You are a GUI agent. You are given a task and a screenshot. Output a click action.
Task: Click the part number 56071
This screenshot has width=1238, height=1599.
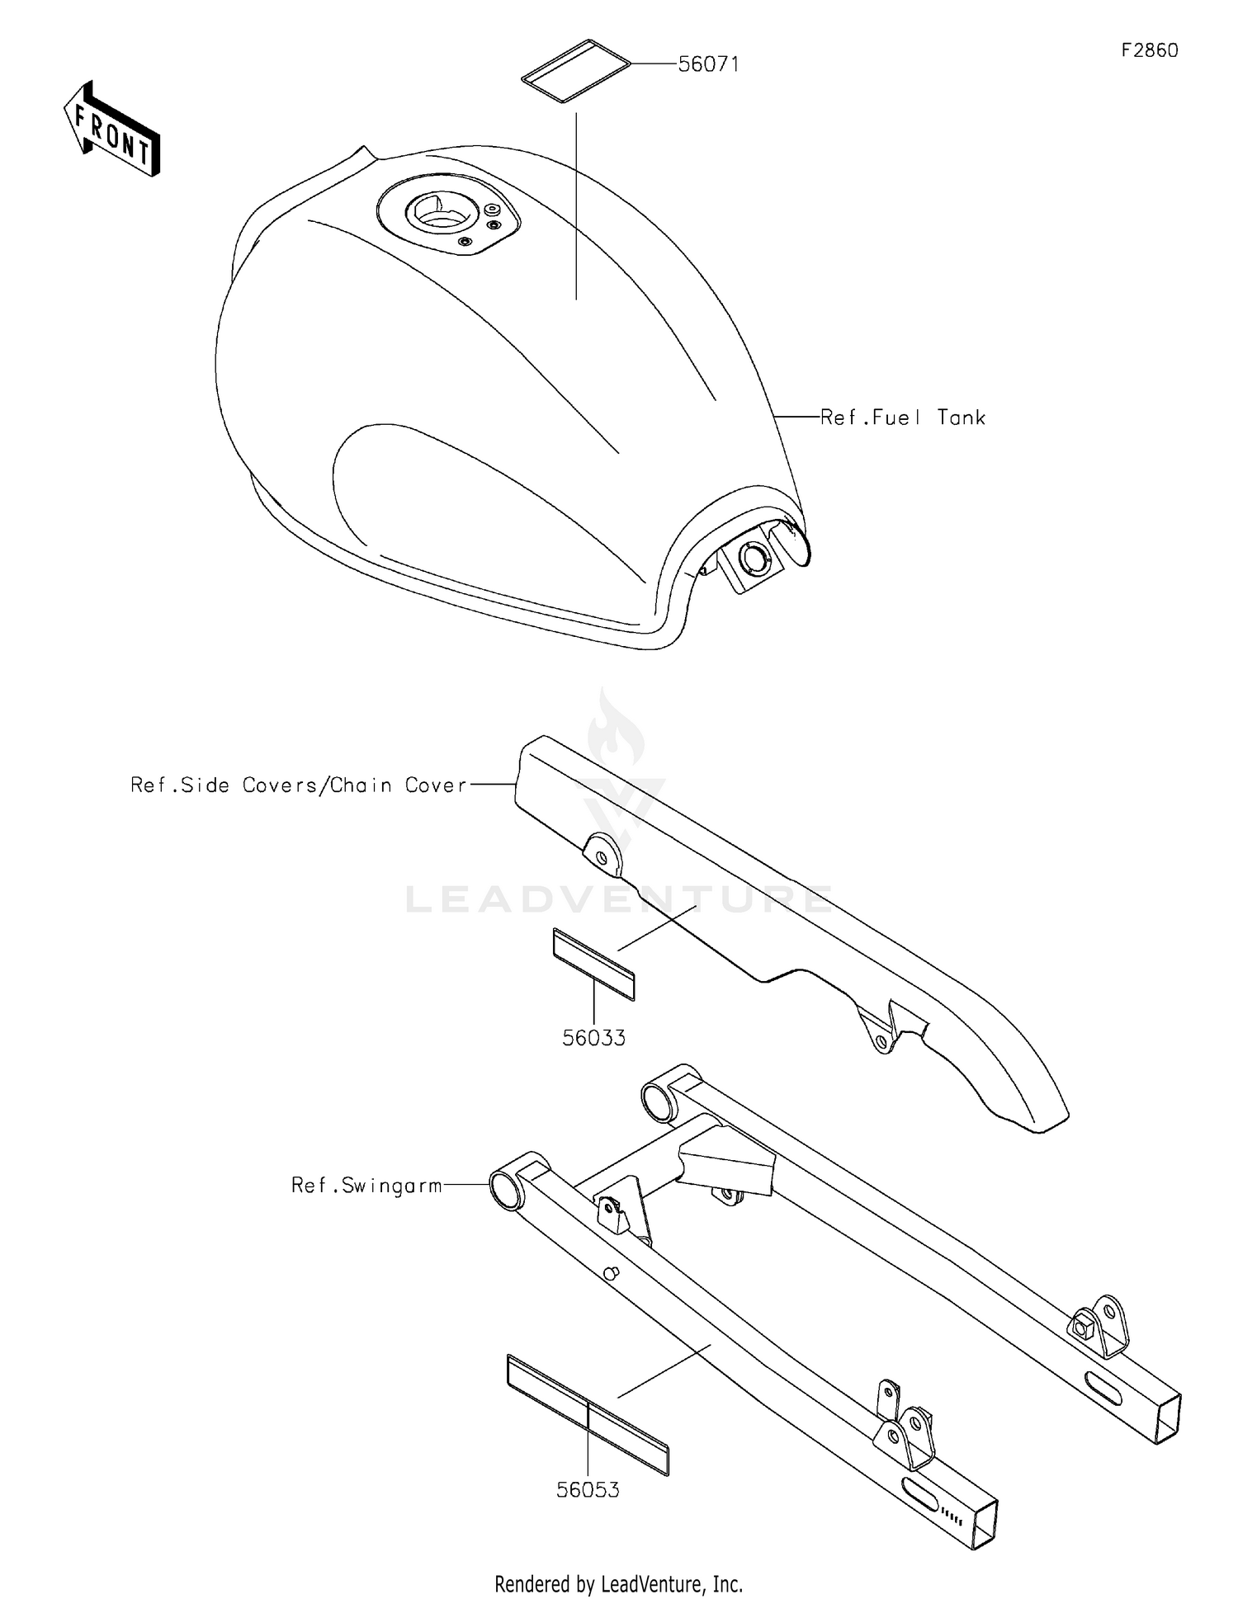coord(708,64)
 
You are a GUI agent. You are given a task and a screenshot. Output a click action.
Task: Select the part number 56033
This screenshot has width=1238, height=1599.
coord(593,1038)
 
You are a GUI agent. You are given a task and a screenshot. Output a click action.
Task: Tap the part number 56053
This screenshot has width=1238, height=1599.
coord(588,1490)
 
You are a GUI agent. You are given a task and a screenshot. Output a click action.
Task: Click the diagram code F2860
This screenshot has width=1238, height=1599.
coord(1149,50)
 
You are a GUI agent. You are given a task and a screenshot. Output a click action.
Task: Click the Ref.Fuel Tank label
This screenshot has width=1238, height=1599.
coord(903,417)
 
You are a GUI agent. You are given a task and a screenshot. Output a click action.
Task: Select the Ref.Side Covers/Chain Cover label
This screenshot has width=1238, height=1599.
coord(299,785)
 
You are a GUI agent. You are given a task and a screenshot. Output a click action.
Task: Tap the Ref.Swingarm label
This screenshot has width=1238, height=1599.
coord(366,1186)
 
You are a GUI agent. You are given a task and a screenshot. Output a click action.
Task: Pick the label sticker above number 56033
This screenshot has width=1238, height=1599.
coord(593,964)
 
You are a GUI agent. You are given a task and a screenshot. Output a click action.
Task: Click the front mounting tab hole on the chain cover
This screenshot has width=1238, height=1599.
coord(602,858)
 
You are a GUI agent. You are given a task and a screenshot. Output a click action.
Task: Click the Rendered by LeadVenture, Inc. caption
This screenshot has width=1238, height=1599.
coord(619,1583)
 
